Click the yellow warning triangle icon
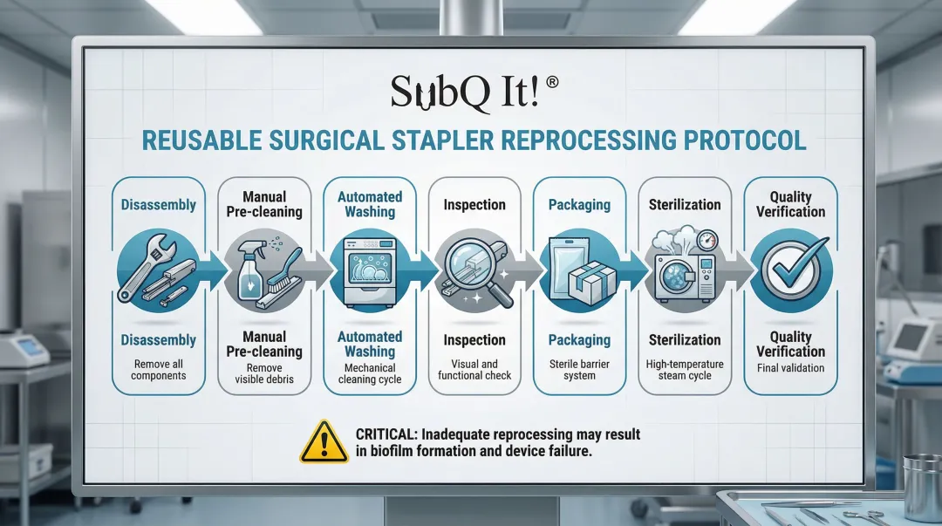[x=324, y=442]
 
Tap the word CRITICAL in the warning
[x=386, y=434]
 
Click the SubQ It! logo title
[x=465, y=92]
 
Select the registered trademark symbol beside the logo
[x=551, y=82]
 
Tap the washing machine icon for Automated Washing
[x=369, y=271]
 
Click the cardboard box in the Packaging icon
[x=591, y=282]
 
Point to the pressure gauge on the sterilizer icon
[x=707, y=241]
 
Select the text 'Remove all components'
[x=159, y=370]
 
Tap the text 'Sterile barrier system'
[x=580, y=370]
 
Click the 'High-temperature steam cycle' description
[x=685, y=370]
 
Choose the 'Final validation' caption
[x=790, y=368]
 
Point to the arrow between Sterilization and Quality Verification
[x=739, y=271]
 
